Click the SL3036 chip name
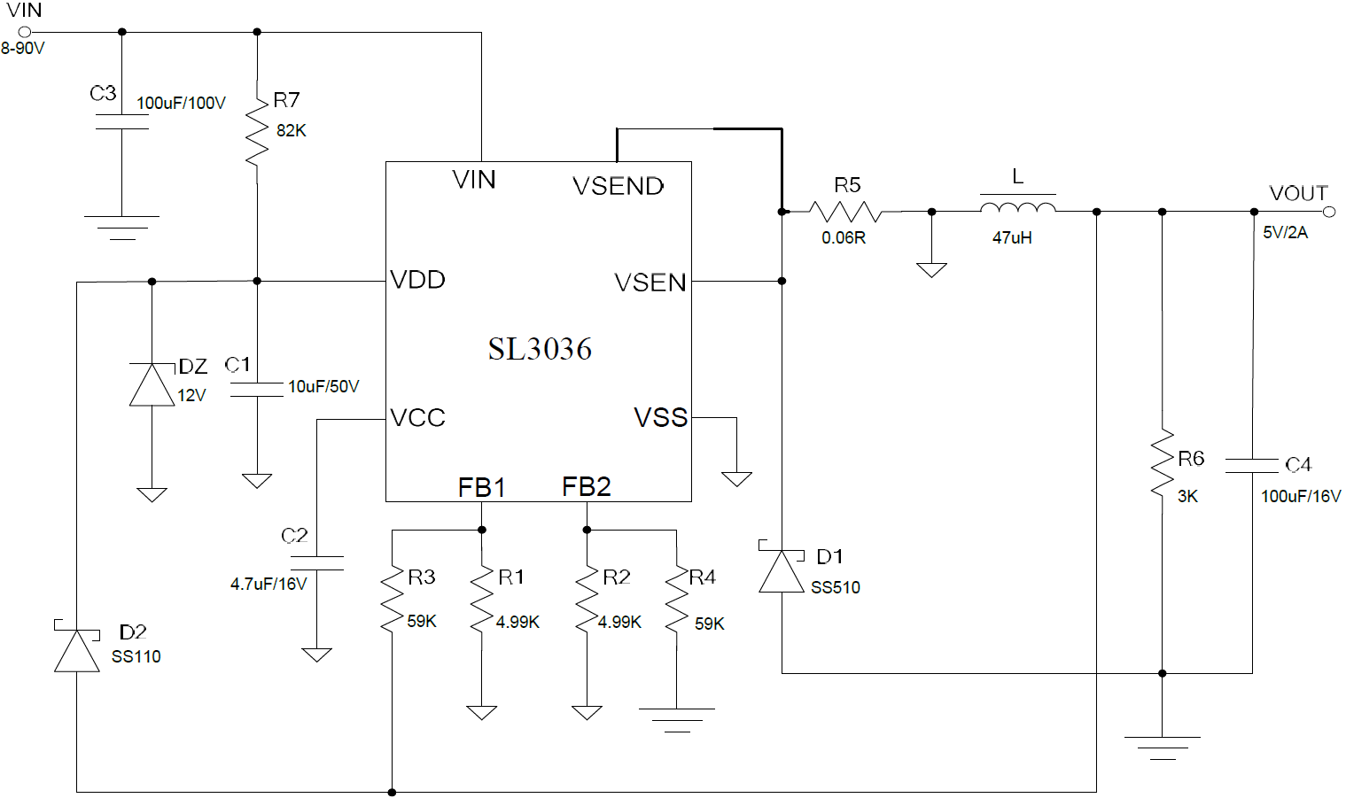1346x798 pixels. click(539, 349)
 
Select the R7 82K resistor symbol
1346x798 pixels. click(257, 132)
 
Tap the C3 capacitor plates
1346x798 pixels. click(122, 121)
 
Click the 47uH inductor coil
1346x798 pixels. click(1017, 209)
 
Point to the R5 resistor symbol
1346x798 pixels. click(845, 212)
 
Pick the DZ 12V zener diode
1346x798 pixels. click(152, 385)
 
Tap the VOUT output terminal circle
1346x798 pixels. click(1328, 212)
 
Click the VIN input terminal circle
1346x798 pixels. click(25, 32)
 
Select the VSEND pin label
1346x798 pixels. click(618, 186)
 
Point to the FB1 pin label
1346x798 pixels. click(481, 487)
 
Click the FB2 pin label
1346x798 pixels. click(586, 486)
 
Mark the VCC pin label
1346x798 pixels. click(417, 418)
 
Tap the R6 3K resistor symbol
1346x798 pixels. click(1162, 464)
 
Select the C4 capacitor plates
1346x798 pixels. click(1251, 465)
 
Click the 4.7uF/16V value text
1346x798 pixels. click(268, 585)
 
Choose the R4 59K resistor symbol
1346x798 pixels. click(676, 600)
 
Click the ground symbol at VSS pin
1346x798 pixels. click(736, 479)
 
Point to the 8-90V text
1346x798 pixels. click(22, 49)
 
